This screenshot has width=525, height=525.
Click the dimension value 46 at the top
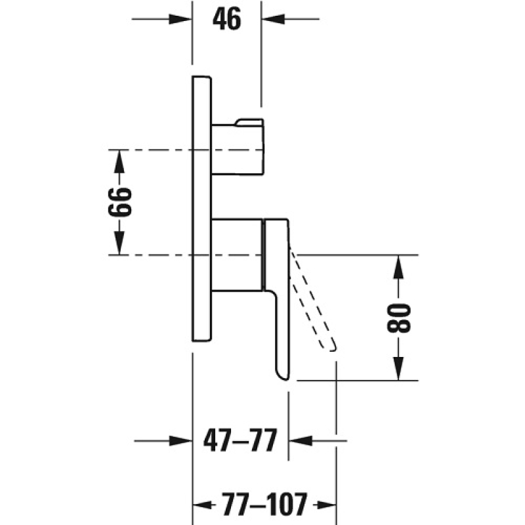[x=226, y=19]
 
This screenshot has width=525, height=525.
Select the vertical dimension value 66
[x=120, y=202]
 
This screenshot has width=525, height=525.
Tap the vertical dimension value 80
[x=398, y=318]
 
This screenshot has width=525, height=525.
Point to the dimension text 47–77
[x=240, y=440]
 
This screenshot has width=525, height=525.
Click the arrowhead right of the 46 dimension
[x=273, y=19]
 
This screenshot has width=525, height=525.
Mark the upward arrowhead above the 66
[x=119, y=161]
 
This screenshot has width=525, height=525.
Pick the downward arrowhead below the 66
[x=119, y=243]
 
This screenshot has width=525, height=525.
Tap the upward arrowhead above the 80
[x=398, y=267]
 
